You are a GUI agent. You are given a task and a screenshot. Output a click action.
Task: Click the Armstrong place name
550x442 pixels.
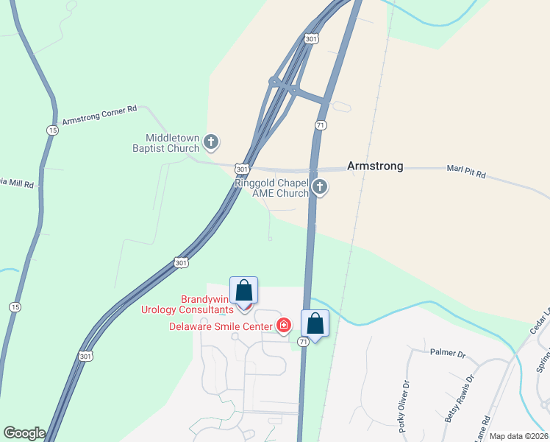(x=375, y=166)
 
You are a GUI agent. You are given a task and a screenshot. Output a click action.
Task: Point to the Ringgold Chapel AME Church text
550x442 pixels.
(x=271, y=188)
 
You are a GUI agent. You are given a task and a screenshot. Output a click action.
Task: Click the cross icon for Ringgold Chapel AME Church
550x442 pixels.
(x=319, y=187)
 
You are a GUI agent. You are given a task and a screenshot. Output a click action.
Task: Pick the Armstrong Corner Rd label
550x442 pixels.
(x=100, y=115)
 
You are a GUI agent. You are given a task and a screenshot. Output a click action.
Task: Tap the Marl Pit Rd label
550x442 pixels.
(x=466, y=173)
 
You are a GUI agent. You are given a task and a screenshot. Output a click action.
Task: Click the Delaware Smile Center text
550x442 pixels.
(x=220, y=326)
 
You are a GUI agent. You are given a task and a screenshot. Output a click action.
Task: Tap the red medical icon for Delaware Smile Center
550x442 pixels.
(x=284, y=326)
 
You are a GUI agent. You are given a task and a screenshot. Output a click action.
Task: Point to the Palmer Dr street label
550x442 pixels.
(x=449, y=354)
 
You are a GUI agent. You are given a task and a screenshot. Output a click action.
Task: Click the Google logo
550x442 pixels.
(x=24, y=433)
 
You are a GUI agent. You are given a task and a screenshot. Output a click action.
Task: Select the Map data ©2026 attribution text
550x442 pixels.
(x=518, y=436)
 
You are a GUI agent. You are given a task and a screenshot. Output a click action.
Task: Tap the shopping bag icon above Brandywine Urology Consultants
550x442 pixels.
(x=244, y=290)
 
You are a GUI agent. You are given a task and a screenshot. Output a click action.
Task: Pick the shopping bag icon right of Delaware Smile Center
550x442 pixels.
(x=315, y=323)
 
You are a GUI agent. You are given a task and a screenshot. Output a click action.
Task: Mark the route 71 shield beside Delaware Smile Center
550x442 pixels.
(x=303, y=342)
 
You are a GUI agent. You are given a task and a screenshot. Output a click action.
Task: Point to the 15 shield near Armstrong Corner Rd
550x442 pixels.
(x=51, y=130)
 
